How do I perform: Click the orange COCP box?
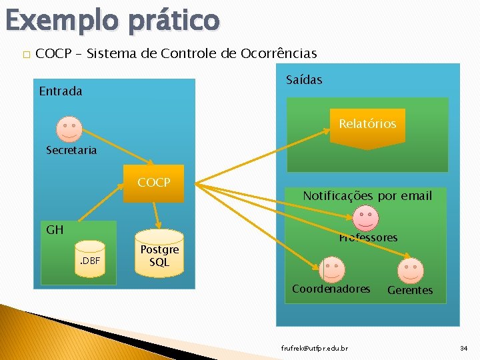[x=153, y=183]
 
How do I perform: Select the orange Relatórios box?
[x=367, y=125]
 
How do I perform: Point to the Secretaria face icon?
[x=68, y=127]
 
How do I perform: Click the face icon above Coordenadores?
[x=331, y=269]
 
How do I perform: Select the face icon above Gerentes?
[x=410, y=270]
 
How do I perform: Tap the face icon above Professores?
[x=365, y=217]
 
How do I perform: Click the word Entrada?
[x=61, y=91]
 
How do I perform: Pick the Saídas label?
[x=304, y=80]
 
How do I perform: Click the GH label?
[x=55, y=230]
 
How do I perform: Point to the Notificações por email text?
[x=367, y=196]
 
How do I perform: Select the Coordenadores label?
[x=331, y=289]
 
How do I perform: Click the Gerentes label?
[x=410, y=291]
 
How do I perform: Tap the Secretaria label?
[x=71, y=151]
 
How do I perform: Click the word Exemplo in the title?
[x=61, y=20]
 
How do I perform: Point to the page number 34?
[x=463, y=349]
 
